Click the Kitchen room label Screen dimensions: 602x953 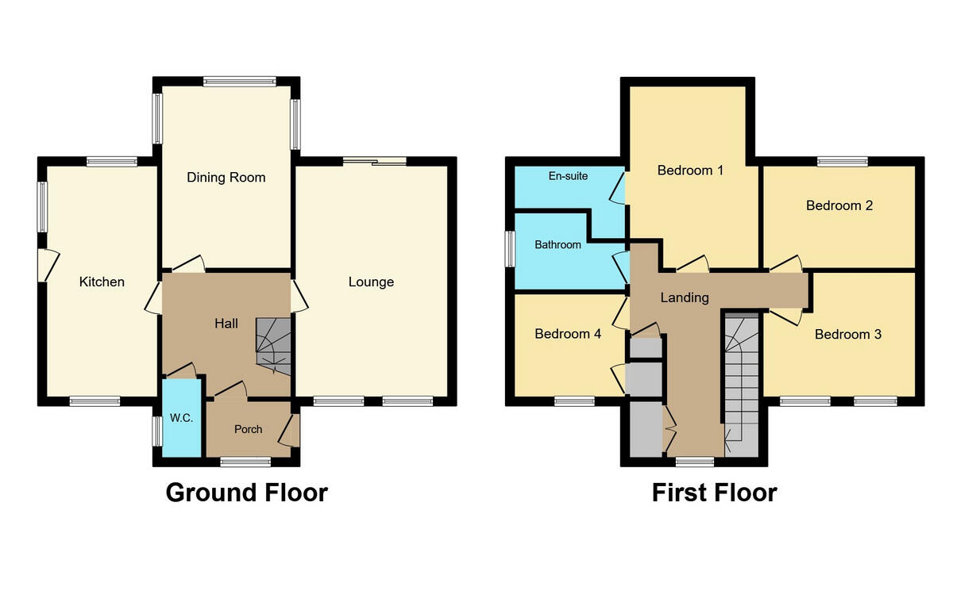point(102,282)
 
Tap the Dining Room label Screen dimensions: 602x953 point(226,177)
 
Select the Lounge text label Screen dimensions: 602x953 point(371,282)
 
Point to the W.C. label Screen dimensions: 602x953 point(182,418)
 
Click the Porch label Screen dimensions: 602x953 point(248,429)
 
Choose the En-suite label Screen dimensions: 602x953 point(568,176)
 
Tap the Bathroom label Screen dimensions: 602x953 point(558,245)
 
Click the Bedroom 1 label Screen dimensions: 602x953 point(690,170)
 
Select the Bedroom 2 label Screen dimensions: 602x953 point(839,205)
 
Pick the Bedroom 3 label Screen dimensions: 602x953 point(848,334)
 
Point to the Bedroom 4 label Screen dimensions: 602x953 point(568,334)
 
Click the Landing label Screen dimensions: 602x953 point(685,297)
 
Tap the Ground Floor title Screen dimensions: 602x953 point(246,493)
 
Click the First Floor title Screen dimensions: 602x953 point(714,493)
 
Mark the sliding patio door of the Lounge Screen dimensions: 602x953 point(375,162)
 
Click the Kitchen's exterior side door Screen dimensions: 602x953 point(48,264)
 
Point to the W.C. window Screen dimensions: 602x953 point(157,431)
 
